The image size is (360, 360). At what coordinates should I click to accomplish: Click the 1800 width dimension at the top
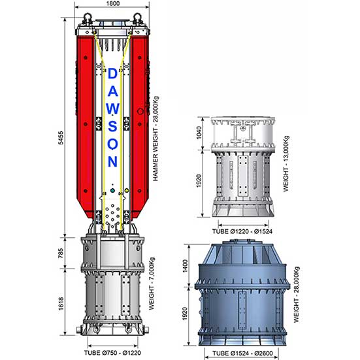pyautogui.click(x=113, y=3)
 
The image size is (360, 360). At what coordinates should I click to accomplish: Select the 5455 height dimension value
pyautogui.click(x=61, y=138)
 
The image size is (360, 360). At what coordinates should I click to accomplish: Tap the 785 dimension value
pyautogui.click(x=61, y=253)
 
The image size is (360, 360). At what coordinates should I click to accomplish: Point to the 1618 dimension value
pyautogui.click(x=61, y=304)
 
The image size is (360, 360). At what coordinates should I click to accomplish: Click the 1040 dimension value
pyautogui.click(x=199, y=133)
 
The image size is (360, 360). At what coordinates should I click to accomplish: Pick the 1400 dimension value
pyautogui.click(x=185, y=266)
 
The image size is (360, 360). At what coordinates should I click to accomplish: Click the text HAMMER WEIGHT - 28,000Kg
pyautogui.click(x=155, y=139)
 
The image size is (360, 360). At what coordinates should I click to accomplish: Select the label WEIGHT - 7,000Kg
pyautogui.click(x=152, y=284)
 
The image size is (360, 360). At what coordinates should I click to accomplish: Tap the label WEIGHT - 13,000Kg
pyautogui.click(x=286, y=164)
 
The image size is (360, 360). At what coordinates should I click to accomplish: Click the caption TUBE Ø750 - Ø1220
pyautogui.click(x=112, y=353)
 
